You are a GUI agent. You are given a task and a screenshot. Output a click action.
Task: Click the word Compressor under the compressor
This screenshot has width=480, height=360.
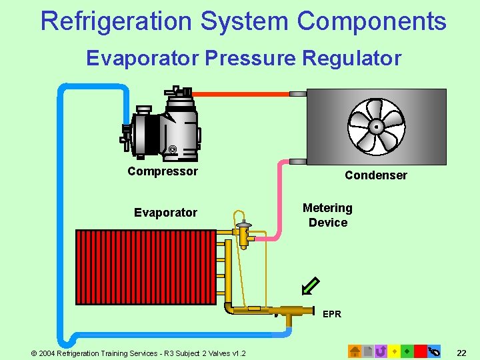click(x=163, y=171)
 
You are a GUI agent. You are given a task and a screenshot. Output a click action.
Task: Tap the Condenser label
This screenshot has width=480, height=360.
click(x=375, y=175)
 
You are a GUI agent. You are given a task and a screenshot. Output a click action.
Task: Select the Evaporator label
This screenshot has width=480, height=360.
click(x=165, y=213)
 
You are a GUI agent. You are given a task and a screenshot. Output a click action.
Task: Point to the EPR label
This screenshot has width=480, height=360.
click(x=331, y=314)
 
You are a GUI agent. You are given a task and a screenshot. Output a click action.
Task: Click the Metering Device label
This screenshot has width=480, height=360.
click(x=327, y=215)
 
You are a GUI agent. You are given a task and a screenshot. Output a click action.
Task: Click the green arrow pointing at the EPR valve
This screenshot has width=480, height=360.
click(x=310, y=285)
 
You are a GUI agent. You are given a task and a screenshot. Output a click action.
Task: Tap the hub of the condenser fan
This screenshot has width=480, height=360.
click(x=377, y=126)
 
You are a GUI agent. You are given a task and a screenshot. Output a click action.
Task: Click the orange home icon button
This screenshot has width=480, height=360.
click(x=355, y=351)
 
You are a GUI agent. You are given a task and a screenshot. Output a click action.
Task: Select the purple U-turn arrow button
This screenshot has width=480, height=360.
click(x=381, y=351)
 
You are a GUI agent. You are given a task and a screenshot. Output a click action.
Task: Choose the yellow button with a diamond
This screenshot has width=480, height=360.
click(x=394, y=351)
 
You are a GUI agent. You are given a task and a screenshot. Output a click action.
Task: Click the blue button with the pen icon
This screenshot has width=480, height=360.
click(x=434, y=351)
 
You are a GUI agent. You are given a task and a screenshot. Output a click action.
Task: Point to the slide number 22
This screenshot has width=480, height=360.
click(x=461, y=351)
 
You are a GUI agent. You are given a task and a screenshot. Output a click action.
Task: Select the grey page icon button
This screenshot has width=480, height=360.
click(x=367, y=351)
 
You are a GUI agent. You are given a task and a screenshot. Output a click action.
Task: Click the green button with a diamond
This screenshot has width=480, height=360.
click(x=407, y=351)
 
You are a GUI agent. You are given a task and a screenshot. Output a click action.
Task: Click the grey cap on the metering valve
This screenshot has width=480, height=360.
click(x=243, y=225)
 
